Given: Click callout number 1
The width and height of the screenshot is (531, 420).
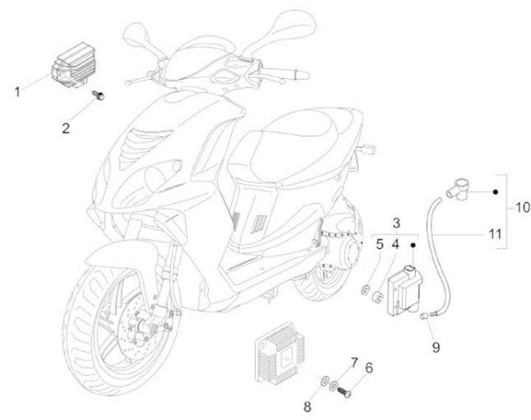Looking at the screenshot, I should tap(17, 92).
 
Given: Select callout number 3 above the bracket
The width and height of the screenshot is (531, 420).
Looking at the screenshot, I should tap(396, 223).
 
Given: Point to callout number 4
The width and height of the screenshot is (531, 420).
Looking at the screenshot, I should tap(395, 243).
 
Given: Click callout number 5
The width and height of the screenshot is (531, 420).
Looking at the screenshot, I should tap(380, 243).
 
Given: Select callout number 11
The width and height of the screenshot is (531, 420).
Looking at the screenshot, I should tap(496, 234).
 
